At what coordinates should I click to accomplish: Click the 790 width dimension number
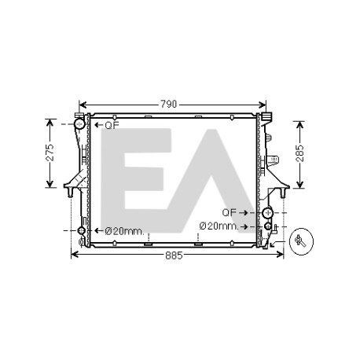click(169, 105)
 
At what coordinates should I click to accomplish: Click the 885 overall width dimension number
click(174, 255)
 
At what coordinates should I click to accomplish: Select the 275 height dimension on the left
click(50, 152)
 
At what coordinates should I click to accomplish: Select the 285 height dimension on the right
click(300, 153)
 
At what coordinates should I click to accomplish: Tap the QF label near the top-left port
click(112, 125)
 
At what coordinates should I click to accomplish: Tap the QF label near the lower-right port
click(230, 212)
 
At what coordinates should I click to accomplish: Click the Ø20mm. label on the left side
click(125, 231)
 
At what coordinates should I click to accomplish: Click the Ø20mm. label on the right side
click(219, 226)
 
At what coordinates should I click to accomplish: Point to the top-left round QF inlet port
click(79, 123)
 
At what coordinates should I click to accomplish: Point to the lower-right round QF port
click(267, 212)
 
